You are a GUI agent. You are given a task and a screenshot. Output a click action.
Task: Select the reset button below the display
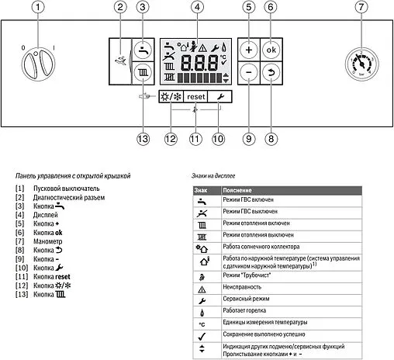(195, 98)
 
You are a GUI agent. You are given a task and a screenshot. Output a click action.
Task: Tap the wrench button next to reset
(220, 98)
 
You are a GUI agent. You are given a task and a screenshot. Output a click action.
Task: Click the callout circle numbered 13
(142, 138)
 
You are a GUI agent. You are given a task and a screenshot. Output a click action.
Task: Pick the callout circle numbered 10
(219, 138)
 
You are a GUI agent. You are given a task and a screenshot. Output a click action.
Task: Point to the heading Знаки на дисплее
(216, 175)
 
